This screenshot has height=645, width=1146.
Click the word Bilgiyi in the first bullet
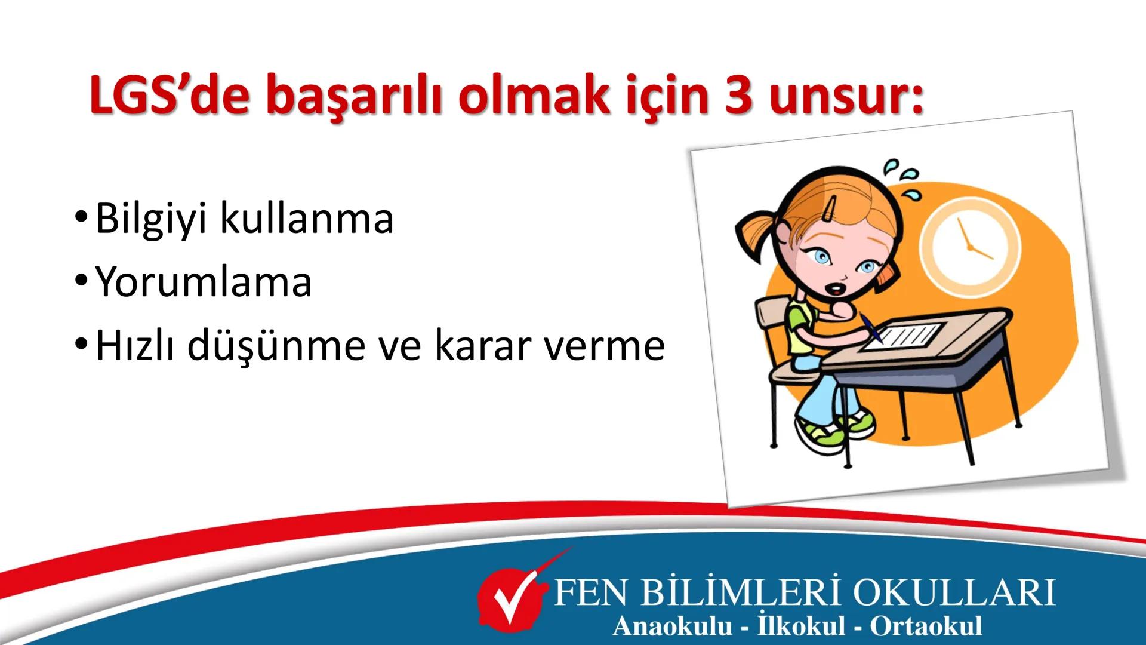(152, 220)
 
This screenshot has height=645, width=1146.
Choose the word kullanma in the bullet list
(307, 219)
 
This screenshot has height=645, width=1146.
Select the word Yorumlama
(204, 282)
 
